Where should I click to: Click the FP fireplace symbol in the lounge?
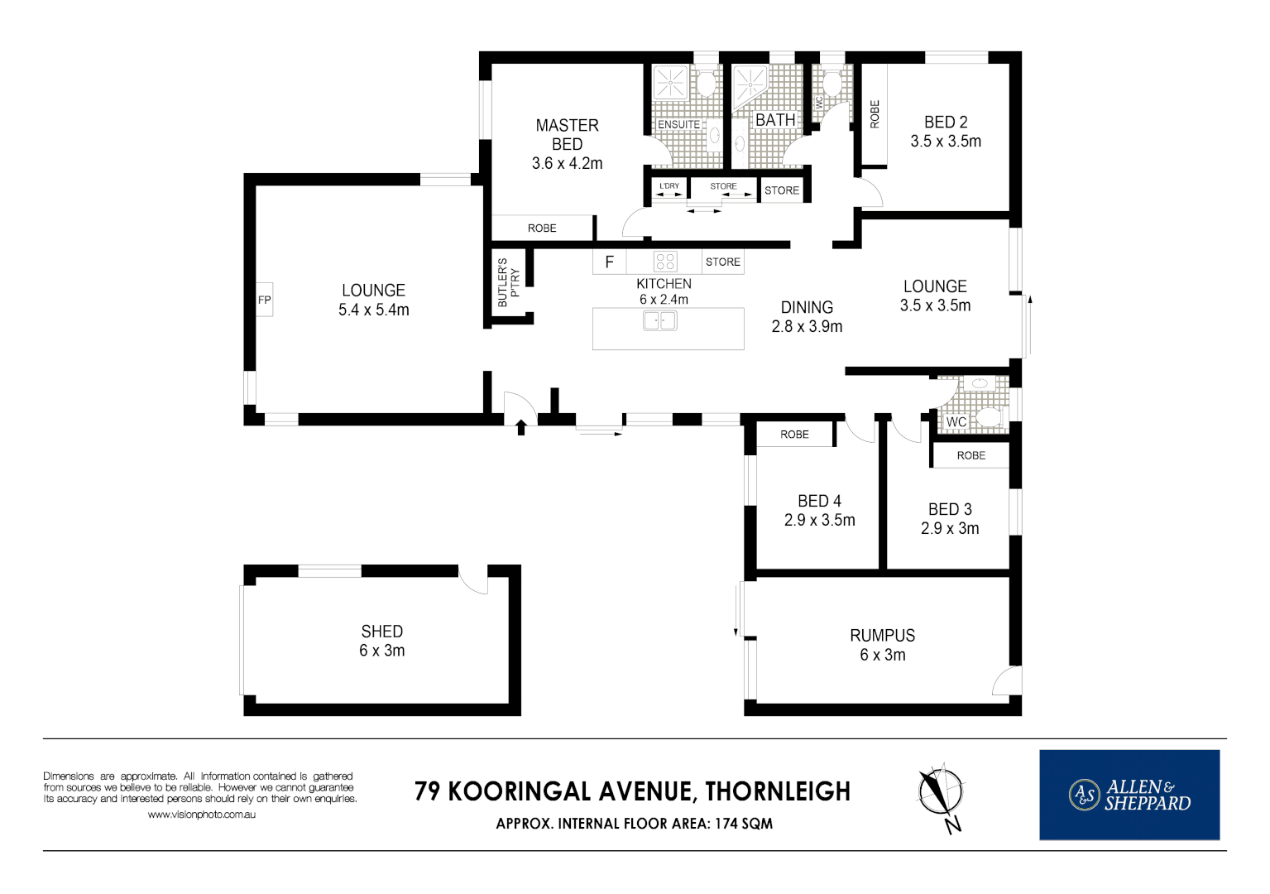(x=264, y=300)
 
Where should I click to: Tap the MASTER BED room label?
(x=567, y=135)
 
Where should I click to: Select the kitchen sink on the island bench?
(x=660, y=320)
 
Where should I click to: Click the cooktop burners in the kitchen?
(x=665, y=262)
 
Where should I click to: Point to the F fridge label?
(x=610, y=262)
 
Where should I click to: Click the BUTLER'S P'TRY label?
(x=507, y=282)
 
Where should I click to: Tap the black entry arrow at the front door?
(x=521, y=427)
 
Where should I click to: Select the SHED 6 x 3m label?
(x=381, y=641)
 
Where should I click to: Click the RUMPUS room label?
(x=882, y=636)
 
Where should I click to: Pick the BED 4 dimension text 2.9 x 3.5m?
(x=819, y=520)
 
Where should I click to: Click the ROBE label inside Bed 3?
(x=970, y=455)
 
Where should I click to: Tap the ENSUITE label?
(x=678, y=124)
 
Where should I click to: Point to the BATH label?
(x=775, y=120)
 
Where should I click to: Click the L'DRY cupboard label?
(x=669, y=186)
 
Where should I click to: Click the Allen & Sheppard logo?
(x=1129, y=795)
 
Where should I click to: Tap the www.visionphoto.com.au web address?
(x=201, y=815)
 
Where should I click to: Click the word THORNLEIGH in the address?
(x=778, y=791)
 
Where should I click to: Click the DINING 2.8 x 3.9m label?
(x=807, y=317)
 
